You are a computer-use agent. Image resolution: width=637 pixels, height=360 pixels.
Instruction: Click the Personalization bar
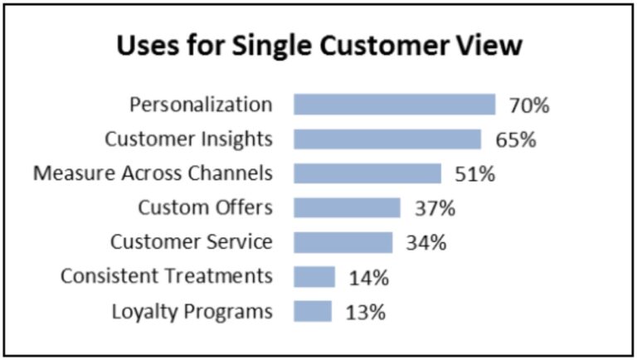point(394,105)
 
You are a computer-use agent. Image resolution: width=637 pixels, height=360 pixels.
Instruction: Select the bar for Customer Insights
point(387,139)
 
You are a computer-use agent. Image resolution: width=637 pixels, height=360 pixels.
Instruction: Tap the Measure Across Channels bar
point(367,173)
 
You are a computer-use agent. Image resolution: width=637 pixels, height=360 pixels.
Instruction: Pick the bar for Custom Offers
point(347,207)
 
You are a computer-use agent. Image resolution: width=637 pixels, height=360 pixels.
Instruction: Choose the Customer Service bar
point(343,242)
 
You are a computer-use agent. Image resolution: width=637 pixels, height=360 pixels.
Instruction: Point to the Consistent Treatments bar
point(314,276)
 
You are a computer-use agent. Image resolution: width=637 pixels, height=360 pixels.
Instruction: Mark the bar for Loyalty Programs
point(313,311)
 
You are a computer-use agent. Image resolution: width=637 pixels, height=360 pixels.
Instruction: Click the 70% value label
point(530,105)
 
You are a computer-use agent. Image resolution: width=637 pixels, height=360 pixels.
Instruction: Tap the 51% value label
point(475,174)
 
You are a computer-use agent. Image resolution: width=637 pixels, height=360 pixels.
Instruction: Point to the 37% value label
point(435,208)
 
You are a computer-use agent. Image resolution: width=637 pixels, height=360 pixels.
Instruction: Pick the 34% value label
point(427,243)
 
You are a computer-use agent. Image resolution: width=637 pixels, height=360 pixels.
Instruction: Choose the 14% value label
point(368,277)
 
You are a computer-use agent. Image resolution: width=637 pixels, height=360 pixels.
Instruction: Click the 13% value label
point(366,312)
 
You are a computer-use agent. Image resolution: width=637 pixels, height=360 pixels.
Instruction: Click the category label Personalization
point(201,105)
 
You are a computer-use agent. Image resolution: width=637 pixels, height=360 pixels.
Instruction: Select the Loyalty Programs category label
point(192,312)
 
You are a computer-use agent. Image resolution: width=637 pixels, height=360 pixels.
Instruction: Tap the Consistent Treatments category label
point(166,277)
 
